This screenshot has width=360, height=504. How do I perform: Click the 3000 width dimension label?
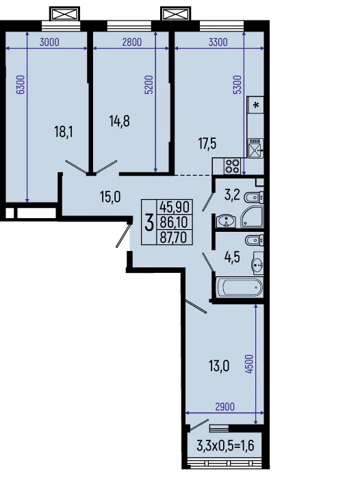(49, 42)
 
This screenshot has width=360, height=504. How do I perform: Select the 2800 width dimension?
(131, 42)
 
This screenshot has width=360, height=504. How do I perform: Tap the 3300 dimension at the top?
(217, 42)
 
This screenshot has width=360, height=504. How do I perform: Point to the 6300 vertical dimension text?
(21, 84)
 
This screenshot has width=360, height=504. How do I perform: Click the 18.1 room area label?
(63, 131)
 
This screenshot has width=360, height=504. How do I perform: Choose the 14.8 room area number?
(119, 121)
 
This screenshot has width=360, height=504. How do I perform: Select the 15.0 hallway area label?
(110, 197)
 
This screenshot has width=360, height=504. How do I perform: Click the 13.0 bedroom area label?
(218, 366)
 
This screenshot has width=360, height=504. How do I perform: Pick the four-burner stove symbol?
(232, 165)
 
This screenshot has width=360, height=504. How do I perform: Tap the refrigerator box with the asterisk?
(256, 105)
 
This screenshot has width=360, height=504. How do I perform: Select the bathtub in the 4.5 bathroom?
(239, 287)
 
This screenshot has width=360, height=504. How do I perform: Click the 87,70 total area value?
(175, 237)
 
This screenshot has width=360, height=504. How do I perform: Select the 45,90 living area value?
(175, 207)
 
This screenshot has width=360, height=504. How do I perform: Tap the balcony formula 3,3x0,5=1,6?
(224, 448)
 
